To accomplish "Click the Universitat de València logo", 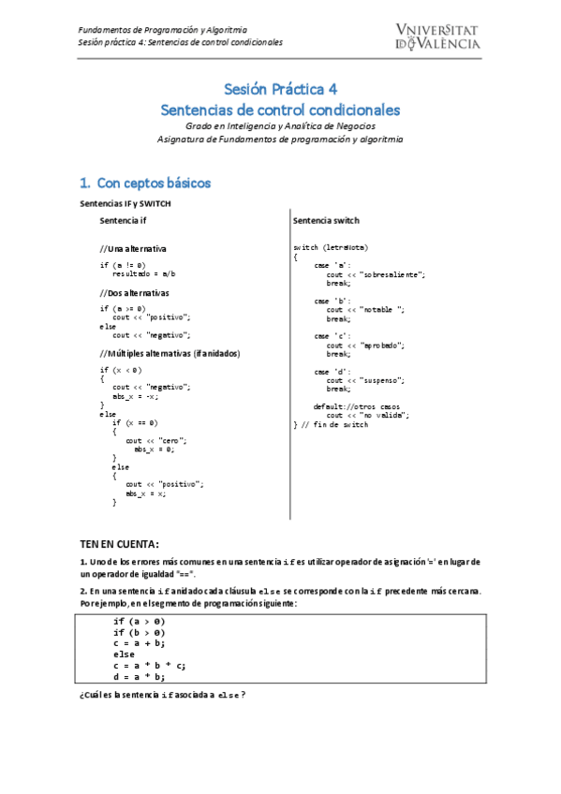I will [x=438, y=36].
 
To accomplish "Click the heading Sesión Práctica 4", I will [x=280, y=90].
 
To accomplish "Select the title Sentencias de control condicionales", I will [x=280, y=110].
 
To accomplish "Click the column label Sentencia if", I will [x=123, y=220].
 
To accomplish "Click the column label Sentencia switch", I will [x=326, y=220].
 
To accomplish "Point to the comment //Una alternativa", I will [x=133, y=249].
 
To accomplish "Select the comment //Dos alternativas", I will [x=134, y=292].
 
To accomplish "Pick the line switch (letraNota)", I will [x=331, y=246].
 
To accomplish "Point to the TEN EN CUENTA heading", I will [x=119, y=544].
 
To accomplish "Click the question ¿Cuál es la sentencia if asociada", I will [x=163, y=695].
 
